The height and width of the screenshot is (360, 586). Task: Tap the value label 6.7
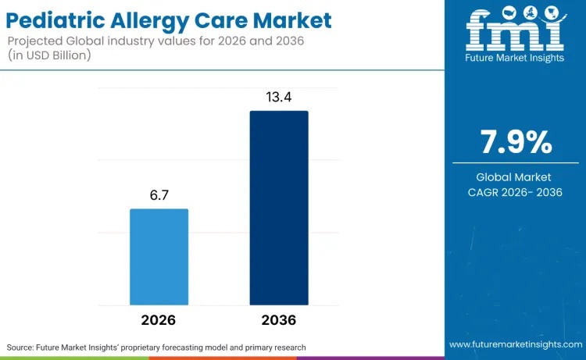click(x=159, y=194)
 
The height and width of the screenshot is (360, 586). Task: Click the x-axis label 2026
click(x=159, y=321)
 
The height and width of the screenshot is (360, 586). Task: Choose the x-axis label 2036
click(x=279, y=321)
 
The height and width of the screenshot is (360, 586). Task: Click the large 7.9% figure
click(x=516, y=143)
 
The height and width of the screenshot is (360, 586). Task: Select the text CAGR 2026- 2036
click(x=516, y=193)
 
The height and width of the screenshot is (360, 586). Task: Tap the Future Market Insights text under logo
click(x=515, y=59)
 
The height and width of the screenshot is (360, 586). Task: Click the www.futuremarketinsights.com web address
click(x=515, y=344)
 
